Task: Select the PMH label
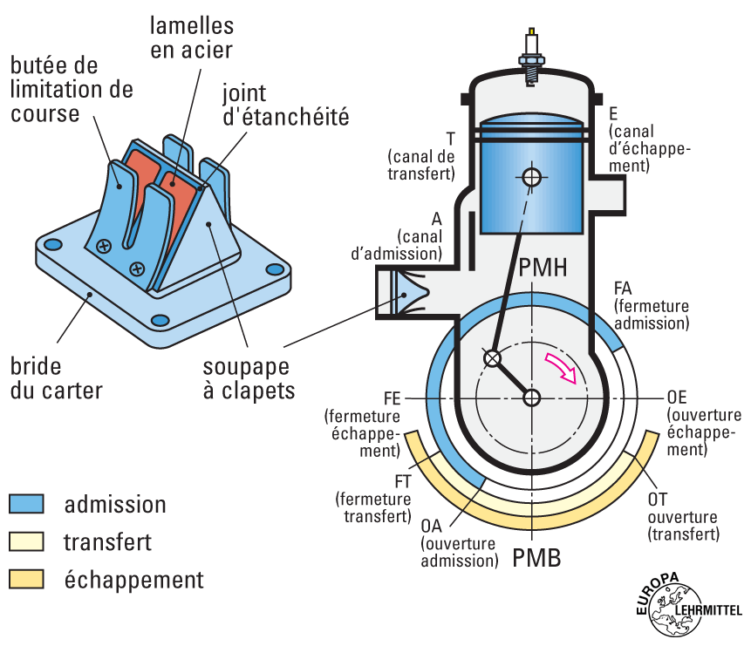click(543, 269)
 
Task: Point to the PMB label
click(536, 557)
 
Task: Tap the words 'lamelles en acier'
click(191, 37)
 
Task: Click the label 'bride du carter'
click(57, 377)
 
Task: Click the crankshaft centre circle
click(531, 398)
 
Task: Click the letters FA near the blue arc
click(623, 289)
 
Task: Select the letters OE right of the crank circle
click(677, 397)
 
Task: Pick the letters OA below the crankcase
click(432, 527)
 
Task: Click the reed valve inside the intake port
click(402, 293)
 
